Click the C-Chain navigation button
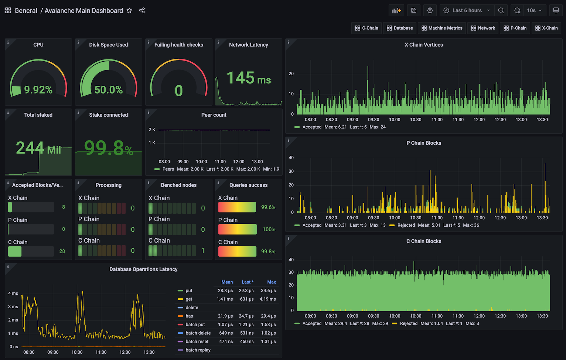(x=366, y=28)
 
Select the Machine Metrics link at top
(x=442, y=28)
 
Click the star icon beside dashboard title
(x=129, y=10)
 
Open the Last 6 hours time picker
(x=467, y=10)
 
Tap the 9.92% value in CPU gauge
(x=38, y=90)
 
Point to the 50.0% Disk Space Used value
(x=108, y=90)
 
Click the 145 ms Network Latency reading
(x=248, y=78)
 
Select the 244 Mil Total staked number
(x=38, y=148)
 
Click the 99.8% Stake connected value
(x=108, y=148)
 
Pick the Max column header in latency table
(x=272, y=282)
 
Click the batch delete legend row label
(x=198, y=333)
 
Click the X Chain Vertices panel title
(x=423, y=45)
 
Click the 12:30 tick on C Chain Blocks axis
(x=500, y=316)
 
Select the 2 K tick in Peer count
(x=152, y=130)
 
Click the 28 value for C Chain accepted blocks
(x=62, y=251)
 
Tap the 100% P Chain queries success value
(x=269, y=229)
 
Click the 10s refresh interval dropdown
(x=534, y=10)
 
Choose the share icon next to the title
(x=142, y=10)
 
